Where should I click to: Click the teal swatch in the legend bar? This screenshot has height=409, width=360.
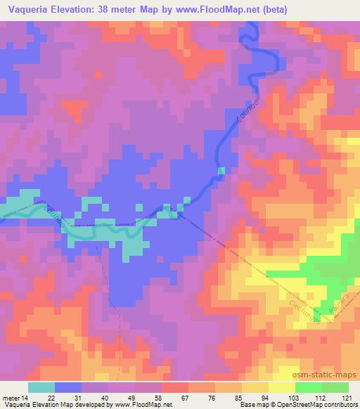pos(41,387)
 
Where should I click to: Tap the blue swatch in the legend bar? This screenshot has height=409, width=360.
pos(68,387)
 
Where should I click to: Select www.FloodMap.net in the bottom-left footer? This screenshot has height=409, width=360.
pos(140,404)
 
